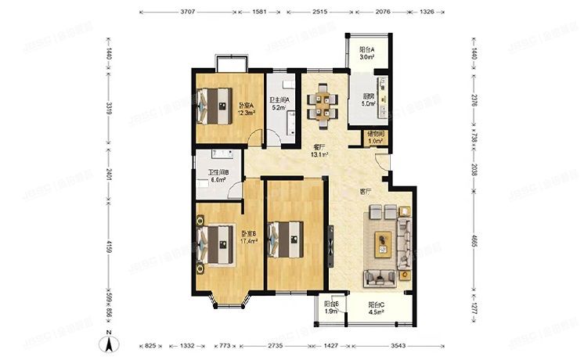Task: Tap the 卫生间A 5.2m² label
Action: coord(280,103)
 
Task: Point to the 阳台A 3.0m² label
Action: coord(366,54)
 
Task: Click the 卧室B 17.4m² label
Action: coord(250,237)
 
